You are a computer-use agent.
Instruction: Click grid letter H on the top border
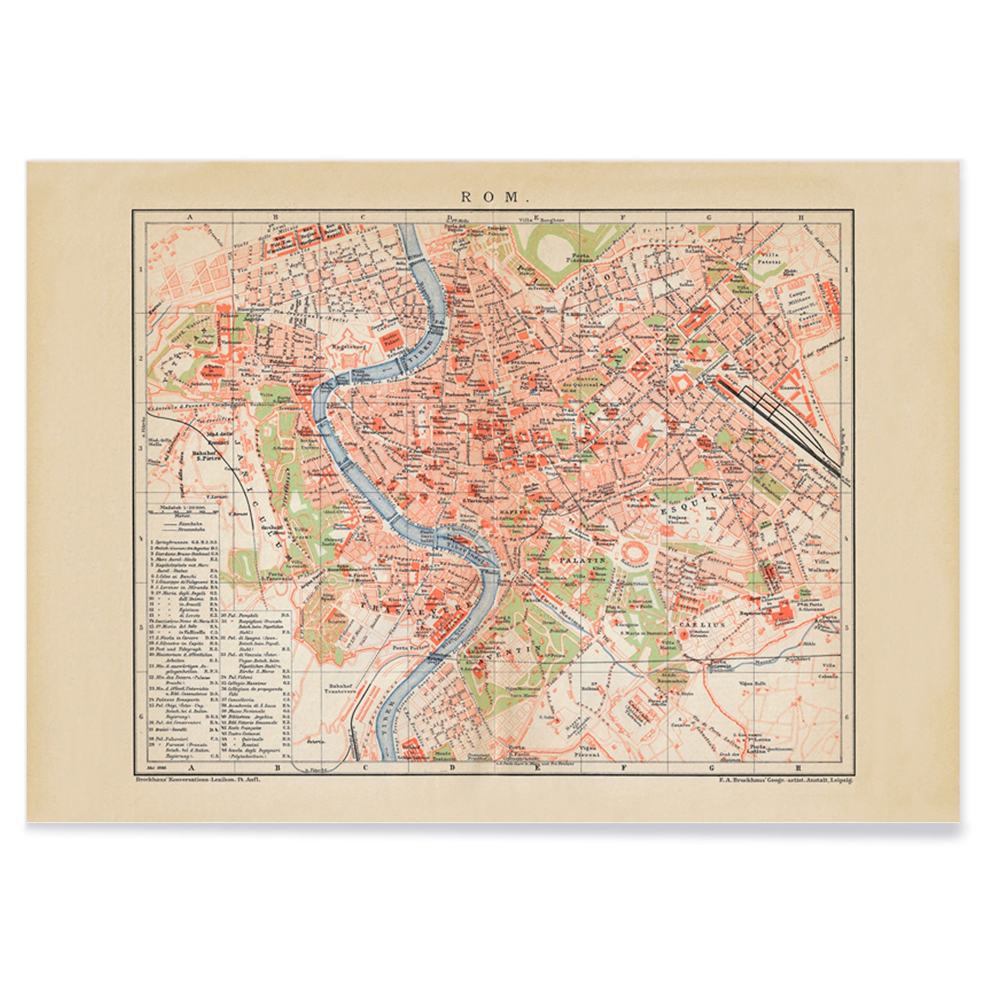click(x=801, y=217)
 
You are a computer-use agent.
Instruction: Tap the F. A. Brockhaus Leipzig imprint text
click(x=785, y=780)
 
